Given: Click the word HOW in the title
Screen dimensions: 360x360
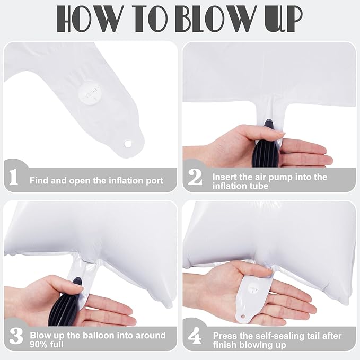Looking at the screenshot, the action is coord(90,19).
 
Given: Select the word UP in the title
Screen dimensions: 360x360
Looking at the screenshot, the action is coord(284,19).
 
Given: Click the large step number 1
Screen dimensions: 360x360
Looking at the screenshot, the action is coord(14,177).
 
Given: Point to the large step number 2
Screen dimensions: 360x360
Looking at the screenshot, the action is coord(195,177).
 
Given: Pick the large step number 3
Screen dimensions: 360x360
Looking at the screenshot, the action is coord(16,336).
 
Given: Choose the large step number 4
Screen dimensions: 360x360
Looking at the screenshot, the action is coord(195,336).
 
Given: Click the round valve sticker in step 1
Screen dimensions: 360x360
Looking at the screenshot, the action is coord(89,94).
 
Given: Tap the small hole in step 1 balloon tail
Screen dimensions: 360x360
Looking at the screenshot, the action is coord(127,144).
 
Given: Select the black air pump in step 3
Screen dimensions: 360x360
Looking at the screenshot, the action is coord(65,303).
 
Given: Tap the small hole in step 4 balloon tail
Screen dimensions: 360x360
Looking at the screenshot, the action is coord(243,317).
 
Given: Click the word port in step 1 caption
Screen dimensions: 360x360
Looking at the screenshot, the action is coord(154,181).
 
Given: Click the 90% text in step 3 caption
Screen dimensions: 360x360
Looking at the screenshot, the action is coord(38,345).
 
